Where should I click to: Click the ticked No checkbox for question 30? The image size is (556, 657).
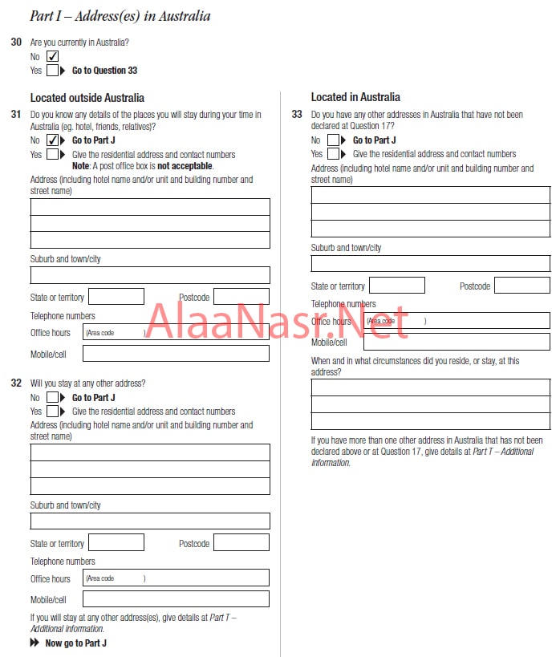click(53, 56)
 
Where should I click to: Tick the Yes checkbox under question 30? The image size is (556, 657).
click(53, 71)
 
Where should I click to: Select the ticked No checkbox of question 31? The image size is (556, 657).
click(53, 140)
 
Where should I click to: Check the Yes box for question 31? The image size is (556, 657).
click(53, 155)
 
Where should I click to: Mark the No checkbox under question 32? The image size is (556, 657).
click(53, 397)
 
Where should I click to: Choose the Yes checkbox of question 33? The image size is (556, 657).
click(334, 154)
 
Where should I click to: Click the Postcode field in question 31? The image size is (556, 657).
click(241, 297)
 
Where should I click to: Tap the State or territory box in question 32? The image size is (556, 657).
click(116, 543)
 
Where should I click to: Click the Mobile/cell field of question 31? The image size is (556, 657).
click(176, 353)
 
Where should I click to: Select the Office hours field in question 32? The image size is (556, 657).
click(176, 578)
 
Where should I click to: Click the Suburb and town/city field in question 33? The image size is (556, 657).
click(431, 263)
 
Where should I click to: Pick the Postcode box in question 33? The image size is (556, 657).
click(522, 286)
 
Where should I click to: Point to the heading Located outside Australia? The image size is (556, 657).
click(87, 98)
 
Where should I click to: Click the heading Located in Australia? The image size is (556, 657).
click(355, 97)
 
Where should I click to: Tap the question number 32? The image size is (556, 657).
click(16, 383)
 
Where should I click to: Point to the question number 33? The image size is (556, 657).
click(297, 115)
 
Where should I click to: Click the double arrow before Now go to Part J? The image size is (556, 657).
click(34, 643)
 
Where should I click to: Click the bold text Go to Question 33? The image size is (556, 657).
click(104, 71)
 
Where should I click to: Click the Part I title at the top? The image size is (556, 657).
click(120, 16)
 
